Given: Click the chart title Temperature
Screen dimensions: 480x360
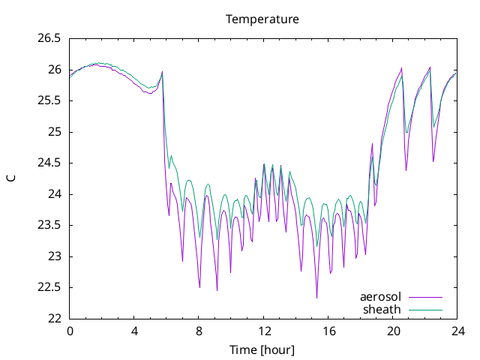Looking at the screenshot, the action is (262, 19).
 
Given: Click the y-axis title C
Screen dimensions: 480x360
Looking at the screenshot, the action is (11, 178).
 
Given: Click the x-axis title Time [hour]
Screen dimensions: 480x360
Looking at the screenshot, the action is (262, 350).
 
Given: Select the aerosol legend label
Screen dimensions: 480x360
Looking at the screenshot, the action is (380, 297).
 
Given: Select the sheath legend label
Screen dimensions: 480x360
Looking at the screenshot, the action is (382, 310).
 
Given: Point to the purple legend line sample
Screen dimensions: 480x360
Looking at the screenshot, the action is (425, 297).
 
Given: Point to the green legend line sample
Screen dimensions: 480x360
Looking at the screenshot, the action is (425, 310).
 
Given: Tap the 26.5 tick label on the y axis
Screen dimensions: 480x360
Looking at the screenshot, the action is (49, 39).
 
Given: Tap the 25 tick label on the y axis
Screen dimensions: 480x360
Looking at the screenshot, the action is (55, 132).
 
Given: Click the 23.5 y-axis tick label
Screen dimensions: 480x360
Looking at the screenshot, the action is (49, 225).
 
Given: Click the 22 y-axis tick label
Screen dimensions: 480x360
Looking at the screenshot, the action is (55, 319).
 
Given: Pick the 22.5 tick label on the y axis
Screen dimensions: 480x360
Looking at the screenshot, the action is (49, 287).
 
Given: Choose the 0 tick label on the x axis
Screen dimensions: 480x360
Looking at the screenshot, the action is (70, 331).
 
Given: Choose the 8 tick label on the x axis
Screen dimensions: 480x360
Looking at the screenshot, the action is (199, 331).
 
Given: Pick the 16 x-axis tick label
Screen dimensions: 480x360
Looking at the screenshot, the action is (328, 331).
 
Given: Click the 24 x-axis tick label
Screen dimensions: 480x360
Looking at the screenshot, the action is (457, 331).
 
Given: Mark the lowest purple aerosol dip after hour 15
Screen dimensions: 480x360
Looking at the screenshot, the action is (316, 298).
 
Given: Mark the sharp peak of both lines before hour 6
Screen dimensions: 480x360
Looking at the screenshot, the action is (162, 72).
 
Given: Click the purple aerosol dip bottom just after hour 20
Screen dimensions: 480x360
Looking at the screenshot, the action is (406, 170).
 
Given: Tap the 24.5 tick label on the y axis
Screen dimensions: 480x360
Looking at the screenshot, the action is (49, 163).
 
